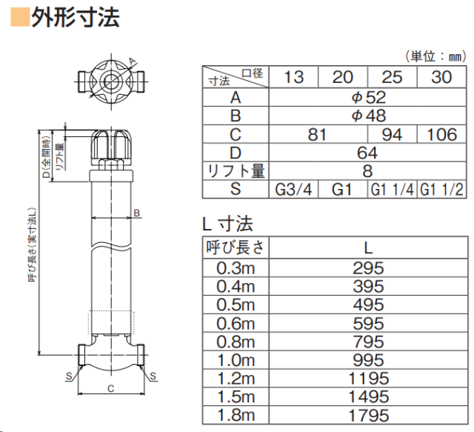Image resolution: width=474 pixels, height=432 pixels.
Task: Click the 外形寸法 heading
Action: (x=76, y=17)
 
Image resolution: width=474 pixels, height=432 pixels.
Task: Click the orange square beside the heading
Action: (x=20, y=17)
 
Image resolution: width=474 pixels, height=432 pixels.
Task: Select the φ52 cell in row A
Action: (x=368, y=97)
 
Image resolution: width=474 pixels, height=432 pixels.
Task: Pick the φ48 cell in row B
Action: (x=368, y=116)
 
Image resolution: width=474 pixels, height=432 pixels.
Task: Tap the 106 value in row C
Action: (x=441, y=134)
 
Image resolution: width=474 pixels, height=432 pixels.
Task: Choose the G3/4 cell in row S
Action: (x=293, y=190)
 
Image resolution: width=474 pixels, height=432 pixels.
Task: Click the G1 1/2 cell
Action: (x=441, y=190)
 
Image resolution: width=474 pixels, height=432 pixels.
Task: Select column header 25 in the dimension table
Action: (x=392, y=77)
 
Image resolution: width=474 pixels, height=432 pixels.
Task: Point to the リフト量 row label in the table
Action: (x=236, y=171)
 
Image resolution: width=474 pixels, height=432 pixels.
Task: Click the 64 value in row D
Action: (x=367, y=153)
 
